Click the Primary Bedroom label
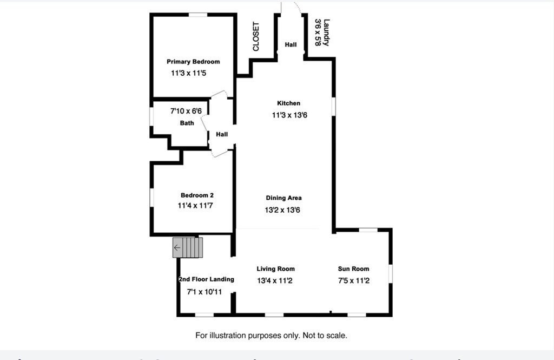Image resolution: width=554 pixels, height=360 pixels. tap(193, 62)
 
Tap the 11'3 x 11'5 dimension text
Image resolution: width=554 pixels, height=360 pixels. tap(189, 73)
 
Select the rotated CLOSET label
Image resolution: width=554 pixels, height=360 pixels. tap(256, 36)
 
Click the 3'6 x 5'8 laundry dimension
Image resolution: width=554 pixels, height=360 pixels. tap(318, 32)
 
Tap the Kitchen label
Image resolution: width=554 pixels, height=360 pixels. tap(289, 103)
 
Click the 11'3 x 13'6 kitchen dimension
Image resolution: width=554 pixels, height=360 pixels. tap(290, 115)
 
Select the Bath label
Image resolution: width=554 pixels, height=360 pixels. tap(187, 123)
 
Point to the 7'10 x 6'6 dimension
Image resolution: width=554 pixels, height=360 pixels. tap(186, 111)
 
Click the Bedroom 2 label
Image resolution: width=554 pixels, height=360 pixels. tap(197, 195)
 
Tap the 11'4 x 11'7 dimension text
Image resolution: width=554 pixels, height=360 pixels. tap(195, 206)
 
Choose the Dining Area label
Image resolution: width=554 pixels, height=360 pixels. tap(283, 198)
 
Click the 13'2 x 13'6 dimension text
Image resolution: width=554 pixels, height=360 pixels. tap(282, 210)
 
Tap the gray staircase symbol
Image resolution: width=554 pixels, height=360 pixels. tap(188, 247)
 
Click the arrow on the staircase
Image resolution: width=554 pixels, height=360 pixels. tap(177, 247)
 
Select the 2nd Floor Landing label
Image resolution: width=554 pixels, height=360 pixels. tap(206, 279)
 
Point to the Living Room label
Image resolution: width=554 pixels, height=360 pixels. tap(275, 269)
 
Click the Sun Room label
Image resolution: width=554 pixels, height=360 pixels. tap(354, 269)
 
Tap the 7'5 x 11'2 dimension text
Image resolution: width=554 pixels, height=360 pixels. tap(354, 281)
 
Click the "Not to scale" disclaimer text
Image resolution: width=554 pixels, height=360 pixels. tap(325, 335)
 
